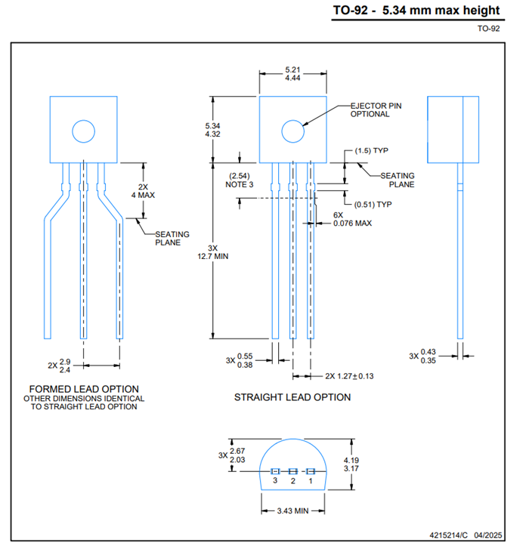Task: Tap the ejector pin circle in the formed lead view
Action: (84, 131)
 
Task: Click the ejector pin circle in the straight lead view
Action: (293, 131)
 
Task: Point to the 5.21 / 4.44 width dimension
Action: (293, 73)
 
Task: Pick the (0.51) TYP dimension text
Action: (373, 204)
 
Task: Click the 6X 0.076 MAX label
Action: (352, 219)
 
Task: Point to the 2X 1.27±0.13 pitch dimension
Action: (349, 375)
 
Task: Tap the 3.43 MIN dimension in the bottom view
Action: (293, 511)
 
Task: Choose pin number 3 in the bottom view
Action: (275, 481)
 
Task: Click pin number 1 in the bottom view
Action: (310, 481)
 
